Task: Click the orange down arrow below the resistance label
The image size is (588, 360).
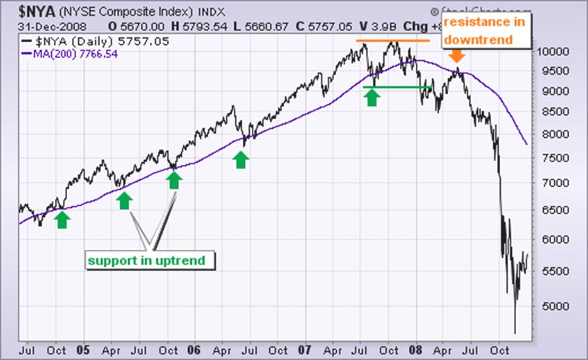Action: click(457, 56)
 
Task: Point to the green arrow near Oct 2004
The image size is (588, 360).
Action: click(62, 219)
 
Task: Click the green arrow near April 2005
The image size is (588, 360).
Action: click(125, 200)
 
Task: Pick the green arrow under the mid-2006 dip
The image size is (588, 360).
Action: click(241, 159)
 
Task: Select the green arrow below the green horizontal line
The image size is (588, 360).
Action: click(372, 97)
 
